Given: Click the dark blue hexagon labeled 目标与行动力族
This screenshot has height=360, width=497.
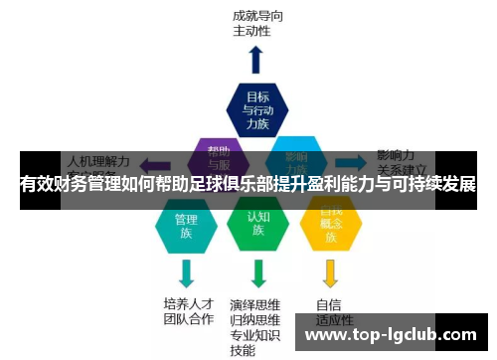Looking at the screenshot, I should point(256,109).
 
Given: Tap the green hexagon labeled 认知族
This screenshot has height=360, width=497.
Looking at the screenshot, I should point(257,225).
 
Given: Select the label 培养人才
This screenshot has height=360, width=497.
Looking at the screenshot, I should point(187,303).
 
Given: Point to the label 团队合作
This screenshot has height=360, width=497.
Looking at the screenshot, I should point(187,319).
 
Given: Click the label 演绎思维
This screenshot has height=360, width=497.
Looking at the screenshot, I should point(255,304).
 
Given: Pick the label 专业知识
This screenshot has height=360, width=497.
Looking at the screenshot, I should point(255,335).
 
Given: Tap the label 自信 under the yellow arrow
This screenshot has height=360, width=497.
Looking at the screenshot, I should point(329,304).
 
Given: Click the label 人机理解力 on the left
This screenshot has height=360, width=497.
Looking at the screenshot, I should point(97,159).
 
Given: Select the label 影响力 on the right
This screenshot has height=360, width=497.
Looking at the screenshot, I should point(395,156).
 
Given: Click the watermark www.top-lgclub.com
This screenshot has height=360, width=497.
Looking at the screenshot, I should point(389,338).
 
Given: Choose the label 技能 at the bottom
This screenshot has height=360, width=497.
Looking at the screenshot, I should point(243,351).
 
